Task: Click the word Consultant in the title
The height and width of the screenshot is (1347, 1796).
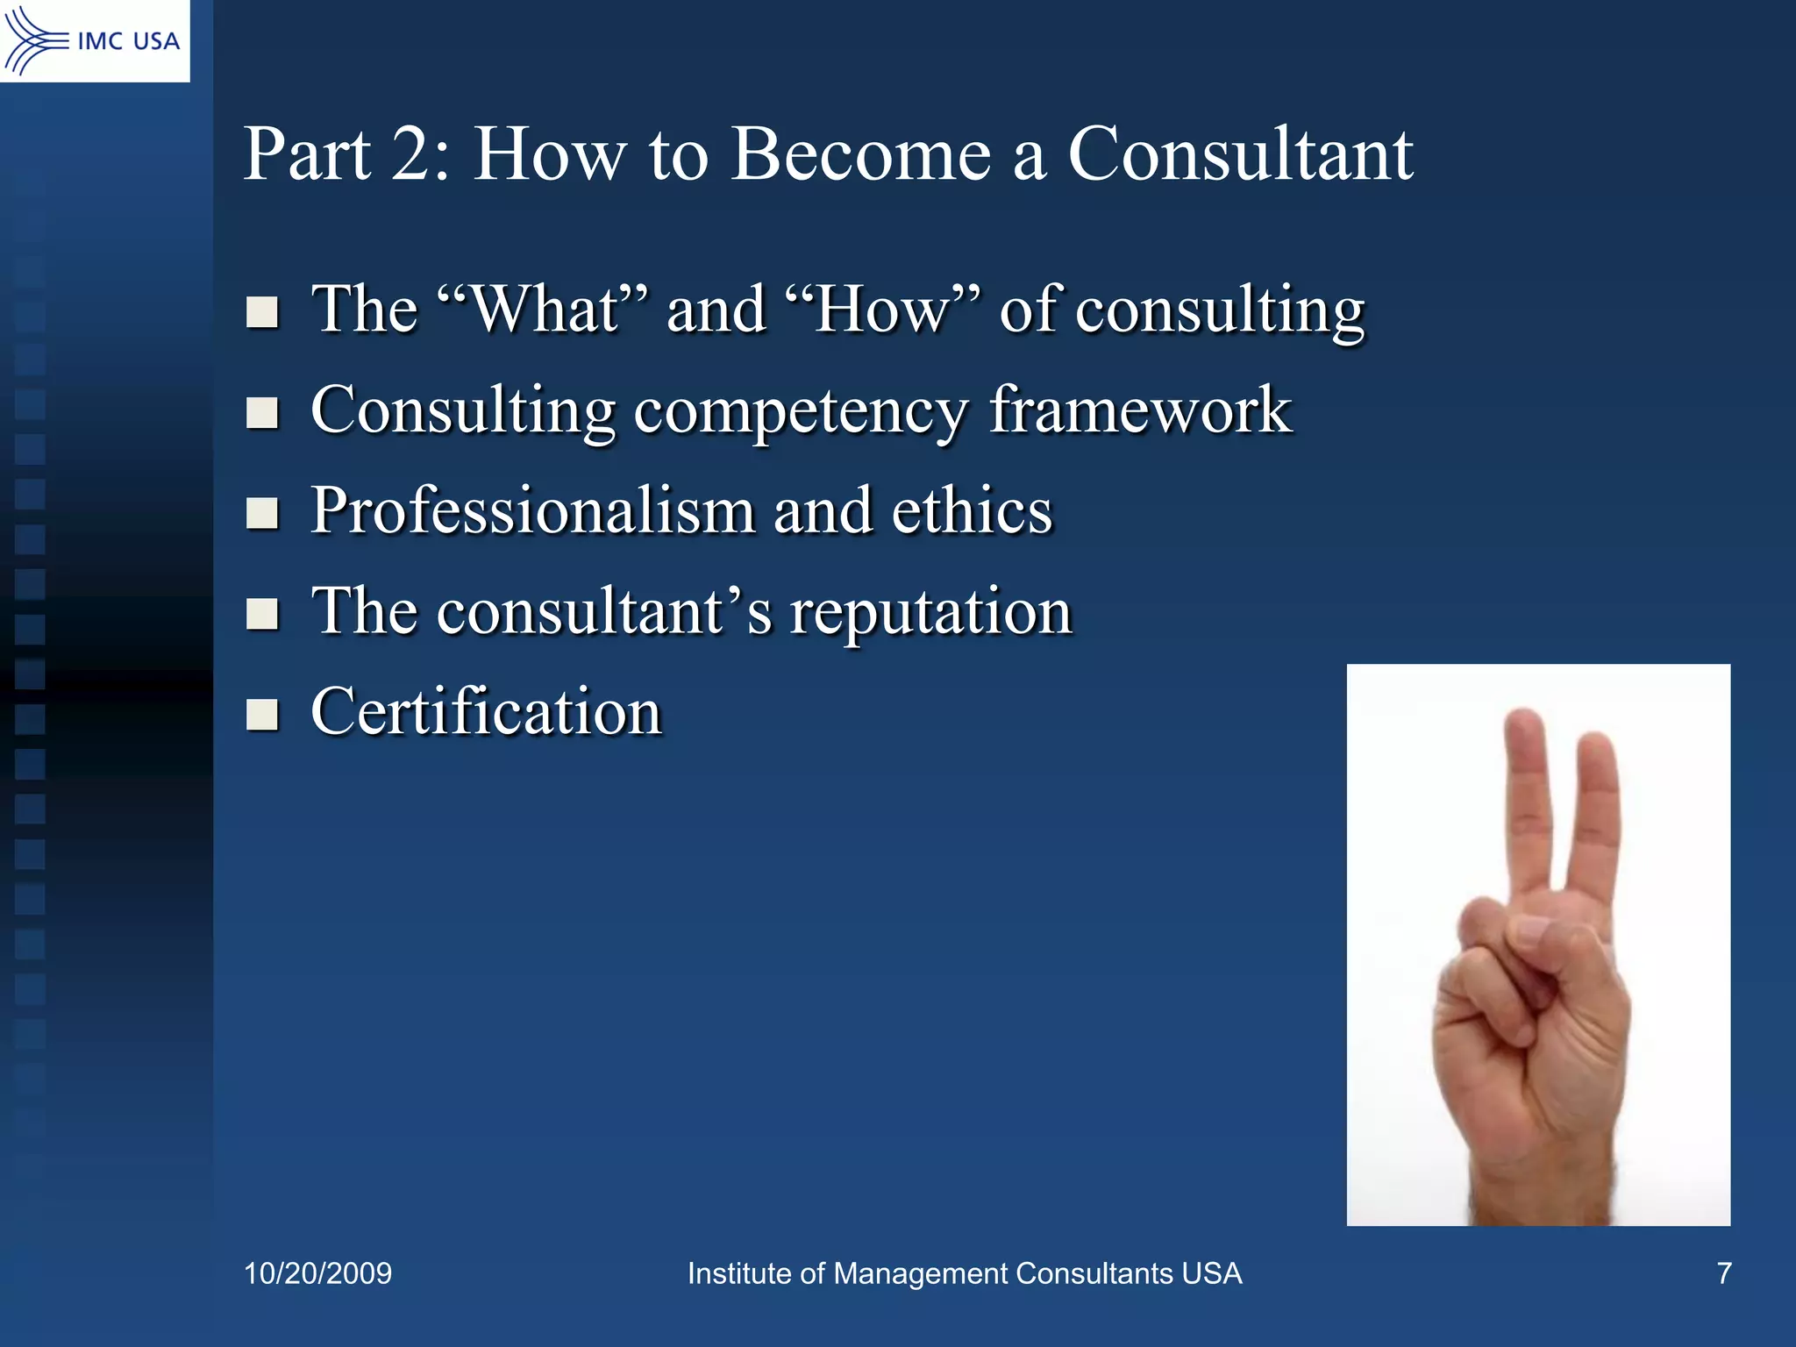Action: tap(1239, 154)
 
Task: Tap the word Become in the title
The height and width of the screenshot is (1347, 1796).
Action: tap(860, 154)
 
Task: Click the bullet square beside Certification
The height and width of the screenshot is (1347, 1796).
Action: tap(262, 714)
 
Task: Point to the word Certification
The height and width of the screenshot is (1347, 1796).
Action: tap(487, 711)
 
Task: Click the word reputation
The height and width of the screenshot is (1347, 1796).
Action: tap(930, 611)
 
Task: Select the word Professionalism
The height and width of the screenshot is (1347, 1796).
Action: tap(532, 510)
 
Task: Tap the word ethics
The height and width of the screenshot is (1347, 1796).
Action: tap(972, 510)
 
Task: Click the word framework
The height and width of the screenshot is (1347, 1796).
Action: tap(1140, 410)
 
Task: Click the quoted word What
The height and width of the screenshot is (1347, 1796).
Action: tap(545, 310)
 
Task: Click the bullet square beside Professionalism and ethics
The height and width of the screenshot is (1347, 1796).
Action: tap(262, 513)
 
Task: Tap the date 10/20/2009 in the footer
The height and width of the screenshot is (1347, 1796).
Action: tap(317, 1273)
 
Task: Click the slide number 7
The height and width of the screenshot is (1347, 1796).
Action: tap(1723, 1273)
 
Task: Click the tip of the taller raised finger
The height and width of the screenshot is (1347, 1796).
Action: tap(1524, 721)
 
